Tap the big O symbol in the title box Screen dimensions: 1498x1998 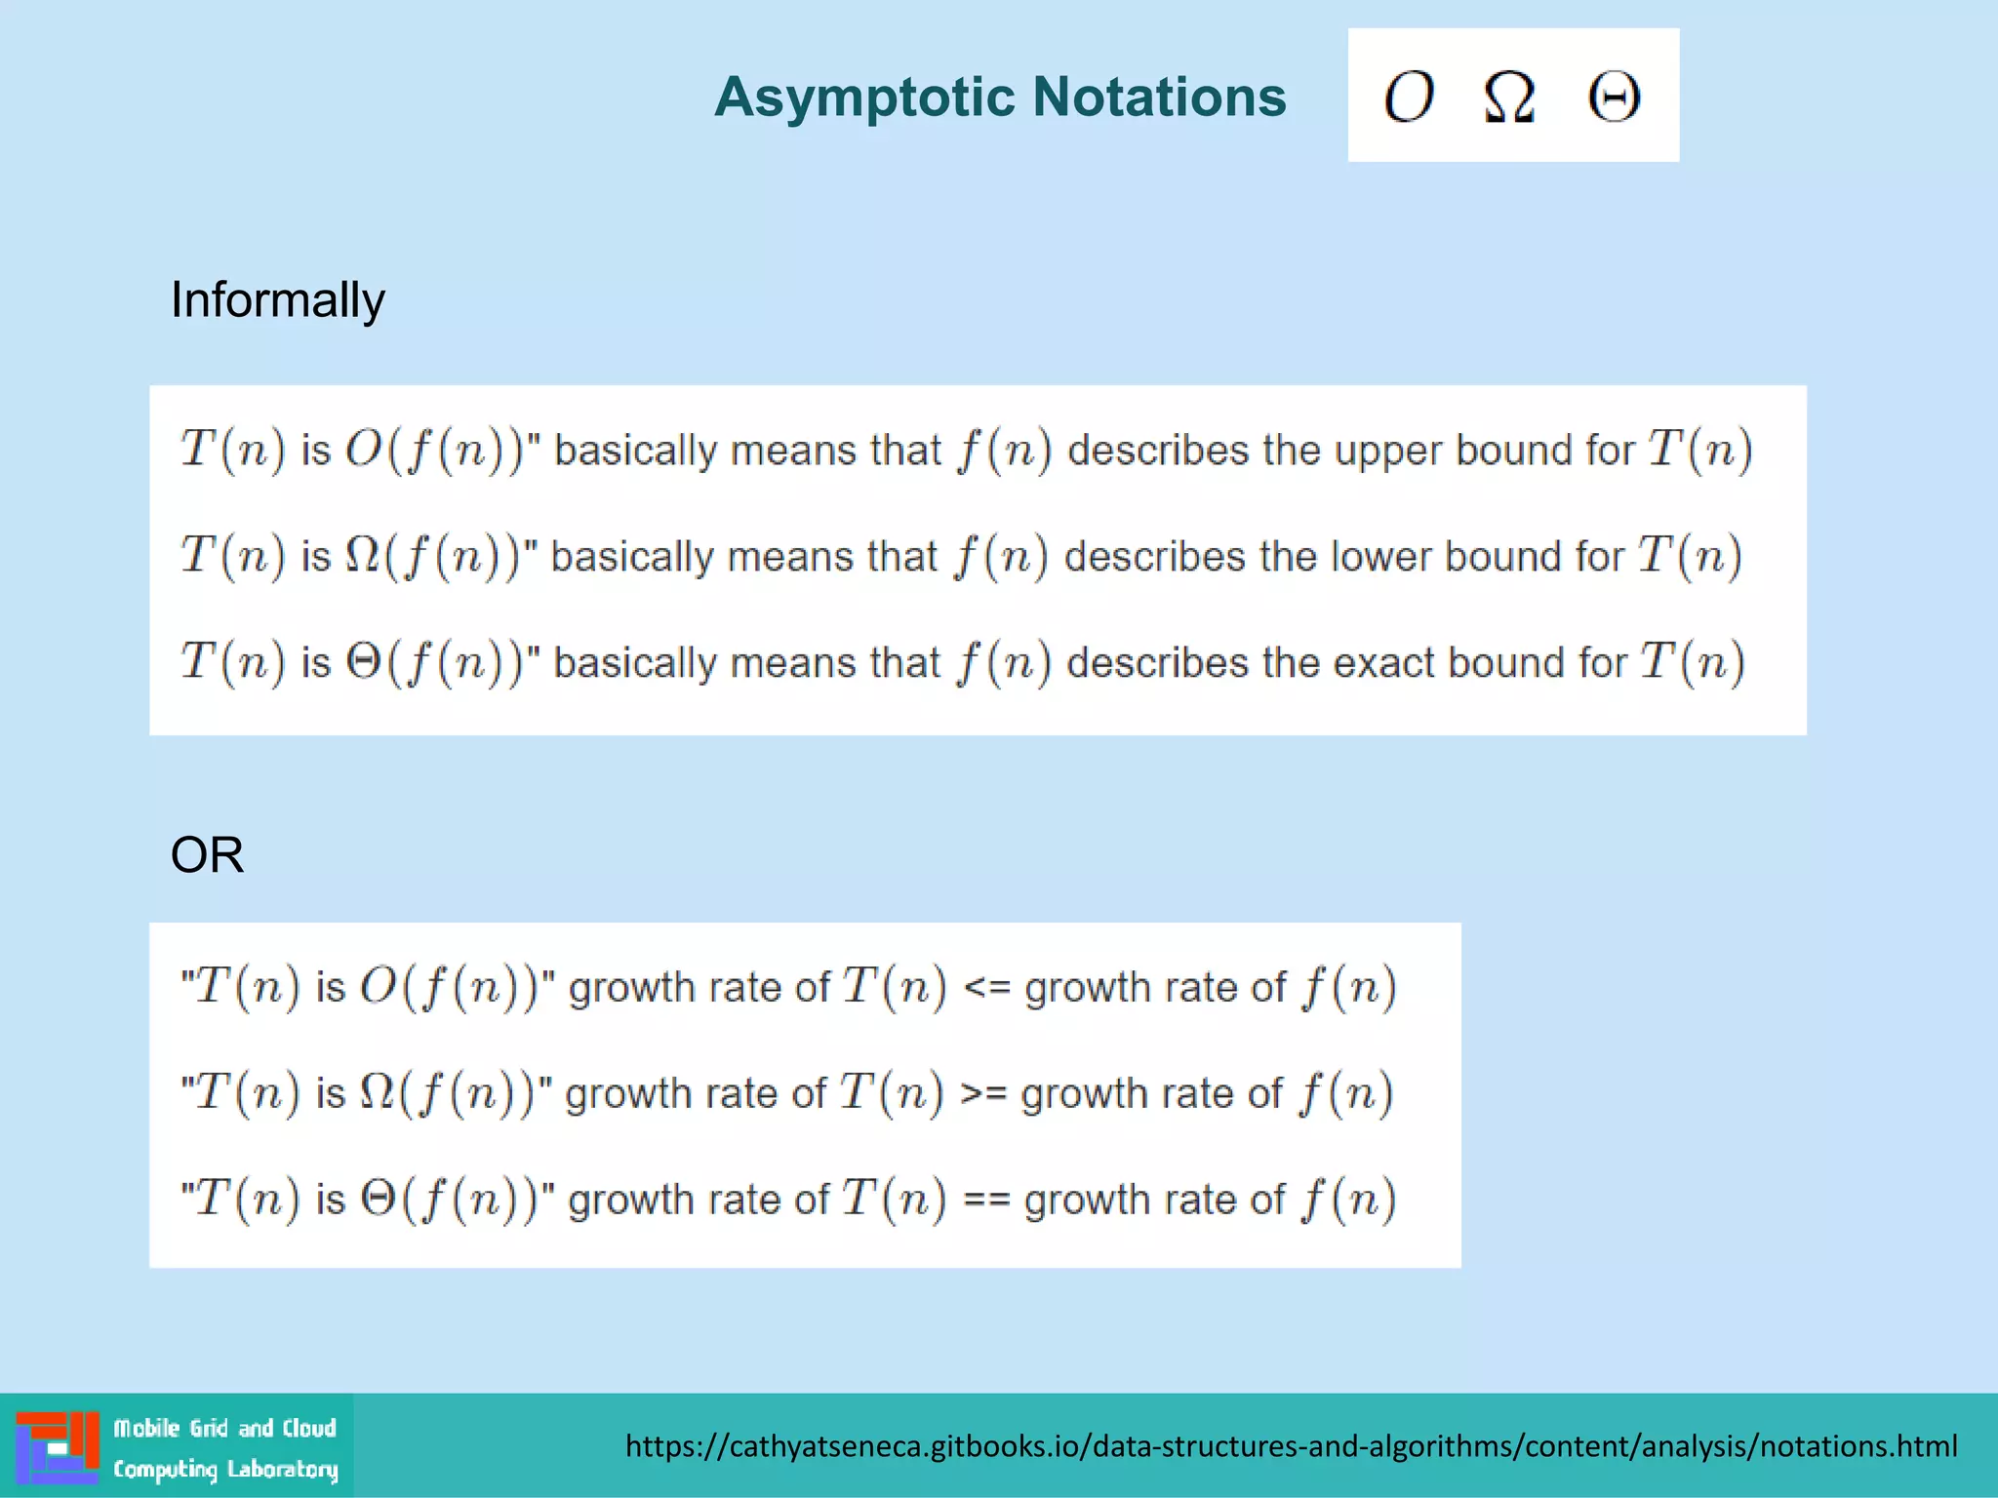1409,98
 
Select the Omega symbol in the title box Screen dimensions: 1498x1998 1509,98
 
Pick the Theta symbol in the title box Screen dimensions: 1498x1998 1614,98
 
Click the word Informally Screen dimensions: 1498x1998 278,299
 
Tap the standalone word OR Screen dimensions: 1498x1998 207,855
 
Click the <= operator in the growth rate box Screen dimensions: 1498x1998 985,987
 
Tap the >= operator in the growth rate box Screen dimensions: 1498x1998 982,1093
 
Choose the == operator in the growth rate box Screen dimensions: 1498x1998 985,1200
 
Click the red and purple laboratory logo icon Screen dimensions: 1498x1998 58,1447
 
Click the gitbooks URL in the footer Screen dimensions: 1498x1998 1291,1446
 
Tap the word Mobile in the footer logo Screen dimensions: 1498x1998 147,1429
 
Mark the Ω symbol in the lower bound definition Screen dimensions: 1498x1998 362,556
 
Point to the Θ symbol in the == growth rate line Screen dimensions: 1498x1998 378,1199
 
